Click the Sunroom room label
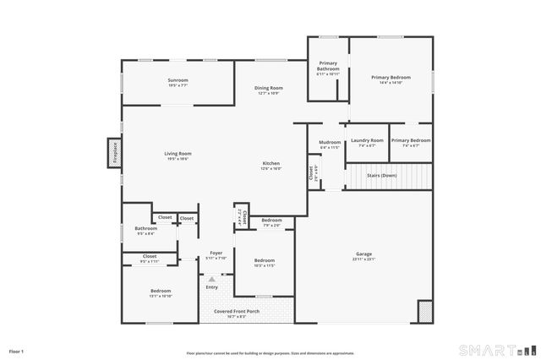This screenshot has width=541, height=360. pyautogui.click(x=178, y=82)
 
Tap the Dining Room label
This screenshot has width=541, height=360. pyautogui.click(x=270, y=90)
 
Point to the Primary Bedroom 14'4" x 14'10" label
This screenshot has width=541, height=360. pyautogui.click(x=391, y=79)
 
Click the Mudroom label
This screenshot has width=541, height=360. pyautogui.click(x=330, y=144)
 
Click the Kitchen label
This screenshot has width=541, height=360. pyautogui.click(x=270, y=165)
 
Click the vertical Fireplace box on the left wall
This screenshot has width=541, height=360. pyautogui.click(x=112, y=153)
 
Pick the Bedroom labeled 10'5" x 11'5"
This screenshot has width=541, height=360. pyautogui.click(x=265, y=262)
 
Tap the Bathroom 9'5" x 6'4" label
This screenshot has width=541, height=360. pyautogui.click(x=145, y=231)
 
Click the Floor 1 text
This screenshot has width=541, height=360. pyautogui.click(x=17, y=351)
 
